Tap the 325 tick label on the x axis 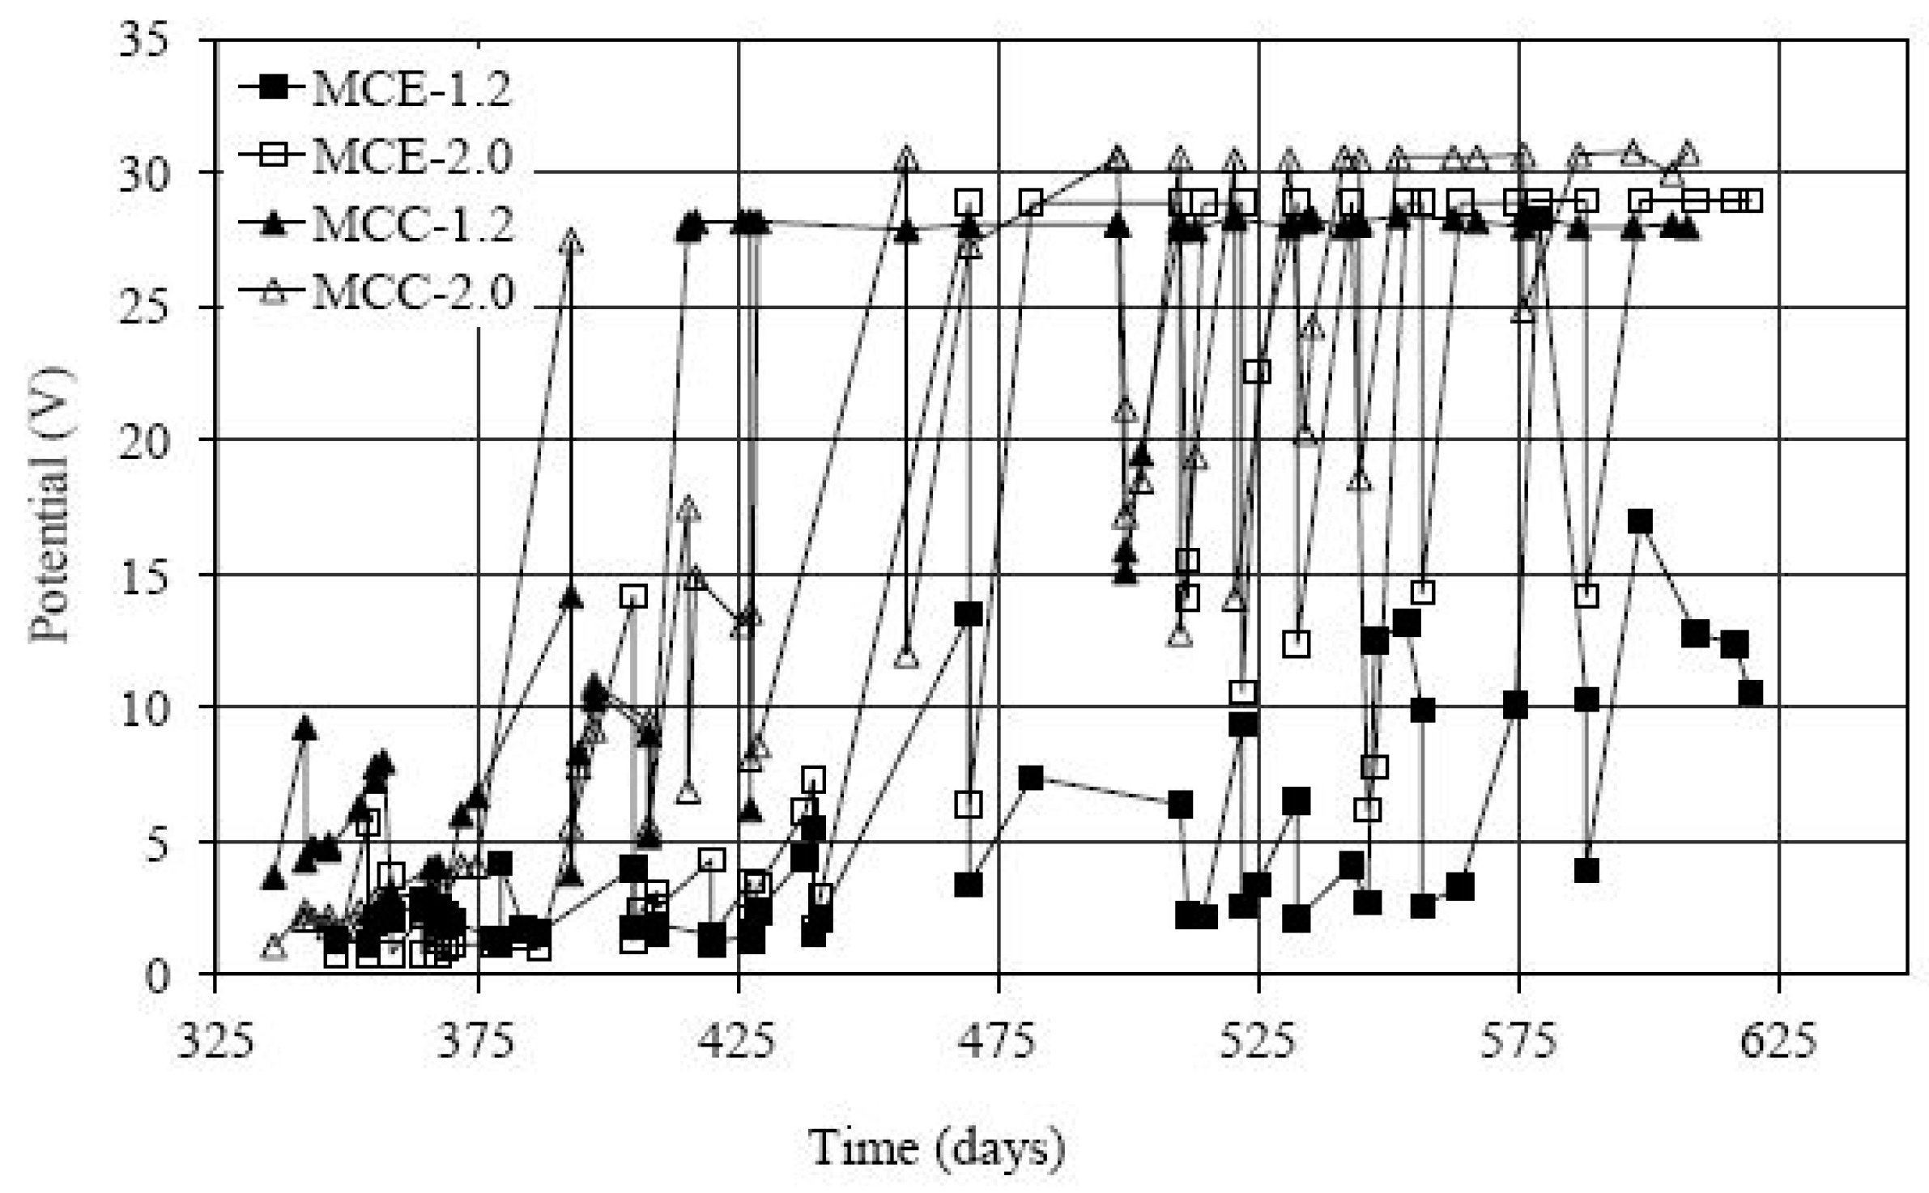216,1041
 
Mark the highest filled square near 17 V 1639,522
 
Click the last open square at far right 1751,201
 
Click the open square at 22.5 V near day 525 1256,371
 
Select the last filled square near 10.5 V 1750,694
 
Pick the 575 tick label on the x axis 1518,1041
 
